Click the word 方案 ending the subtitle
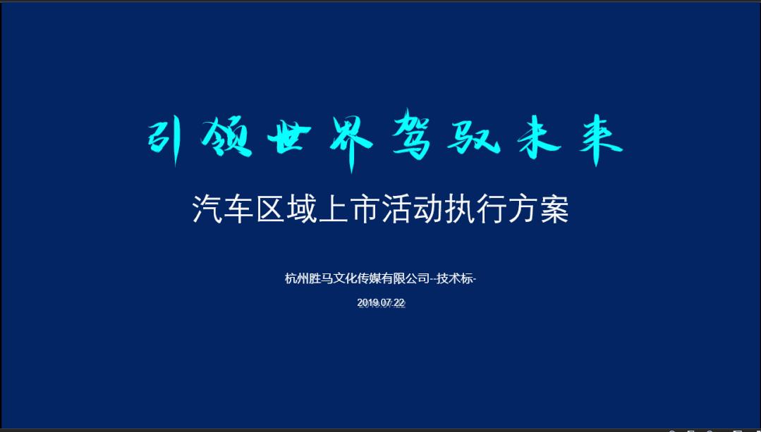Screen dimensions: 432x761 pyautogui.click(x=537, y=210)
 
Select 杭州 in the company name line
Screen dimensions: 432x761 pyautogui.click(x=297, y=278)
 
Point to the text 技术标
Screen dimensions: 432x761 pyautogui.click(x=456, y=278)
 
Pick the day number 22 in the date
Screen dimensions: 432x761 pyautogui.click(x=399, y=302)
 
